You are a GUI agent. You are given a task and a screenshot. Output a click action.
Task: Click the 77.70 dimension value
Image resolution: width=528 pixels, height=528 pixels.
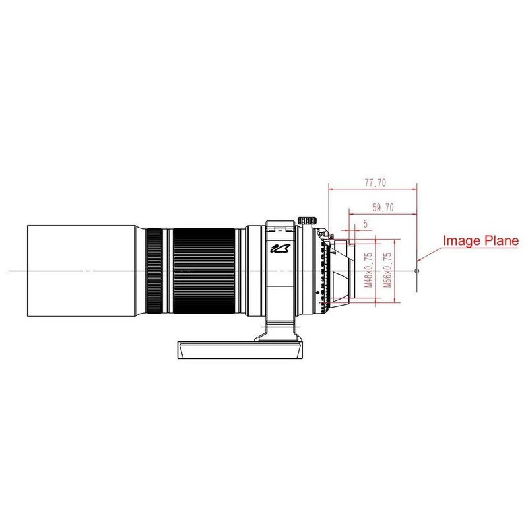click(x=376, y=183)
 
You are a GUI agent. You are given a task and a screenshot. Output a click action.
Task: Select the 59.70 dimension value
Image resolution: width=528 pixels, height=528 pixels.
click(x=383, y=207)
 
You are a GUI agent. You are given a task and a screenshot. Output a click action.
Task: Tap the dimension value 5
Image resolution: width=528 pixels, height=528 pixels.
click(x=366, y=224)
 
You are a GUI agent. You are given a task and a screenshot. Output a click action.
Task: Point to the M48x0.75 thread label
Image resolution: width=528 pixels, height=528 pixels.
click(x=369, y=270)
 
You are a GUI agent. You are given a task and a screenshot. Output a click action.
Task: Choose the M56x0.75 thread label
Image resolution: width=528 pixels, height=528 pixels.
click(x=388, y=270)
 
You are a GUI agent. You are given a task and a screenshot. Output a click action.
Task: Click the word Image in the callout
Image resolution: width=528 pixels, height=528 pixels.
click(x=461, y=240)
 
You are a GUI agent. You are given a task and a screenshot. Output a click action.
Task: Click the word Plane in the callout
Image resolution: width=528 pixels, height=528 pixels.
click(x=502, y=240)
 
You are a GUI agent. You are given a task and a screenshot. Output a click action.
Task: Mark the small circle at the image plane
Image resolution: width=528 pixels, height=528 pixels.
click(x=417, y=271)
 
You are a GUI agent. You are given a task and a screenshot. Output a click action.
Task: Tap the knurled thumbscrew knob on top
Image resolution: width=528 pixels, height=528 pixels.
click(x=308, y=220)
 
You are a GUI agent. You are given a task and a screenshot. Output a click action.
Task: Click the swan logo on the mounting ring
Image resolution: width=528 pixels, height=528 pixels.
click(x=280, y=249)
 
